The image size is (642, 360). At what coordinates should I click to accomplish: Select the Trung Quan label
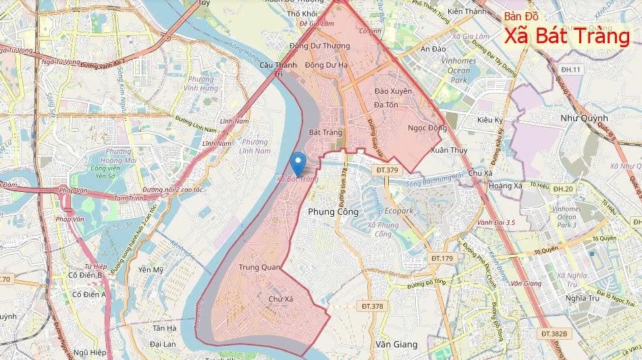260,267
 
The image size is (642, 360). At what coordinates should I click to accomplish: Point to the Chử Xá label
281,299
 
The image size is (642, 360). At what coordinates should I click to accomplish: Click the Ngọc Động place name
427,128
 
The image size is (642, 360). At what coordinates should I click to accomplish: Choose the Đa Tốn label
385,105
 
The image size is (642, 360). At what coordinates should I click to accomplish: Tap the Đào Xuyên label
393,91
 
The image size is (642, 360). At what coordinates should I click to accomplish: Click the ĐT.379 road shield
387,170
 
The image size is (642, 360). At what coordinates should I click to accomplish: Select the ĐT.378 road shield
372,307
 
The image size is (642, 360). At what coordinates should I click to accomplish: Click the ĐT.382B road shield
556,334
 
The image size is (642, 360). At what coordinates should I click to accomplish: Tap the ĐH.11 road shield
570,70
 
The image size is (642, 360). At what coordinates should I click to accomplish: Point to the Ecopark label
400,211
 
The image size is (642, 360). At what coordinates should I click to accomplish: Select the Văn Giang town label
396,344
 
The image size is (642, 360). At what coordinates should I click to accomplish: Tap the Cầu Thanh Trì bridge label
278,70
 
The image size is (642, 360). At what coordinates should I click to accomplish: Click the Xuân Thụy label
448,150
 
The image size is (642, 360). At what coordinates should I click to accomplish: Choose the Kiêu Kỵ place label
490,120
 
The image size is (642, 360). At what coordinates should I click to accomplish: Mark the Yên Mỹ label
151,269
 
